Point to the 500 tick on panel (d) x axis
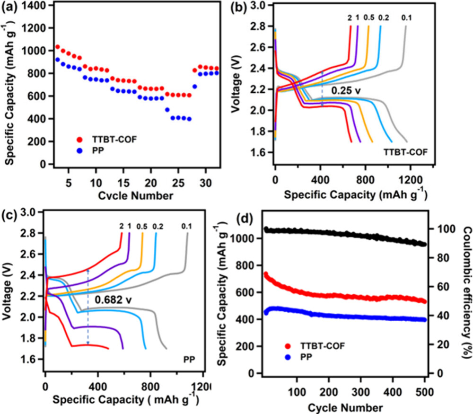click(x=425, y=393)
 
